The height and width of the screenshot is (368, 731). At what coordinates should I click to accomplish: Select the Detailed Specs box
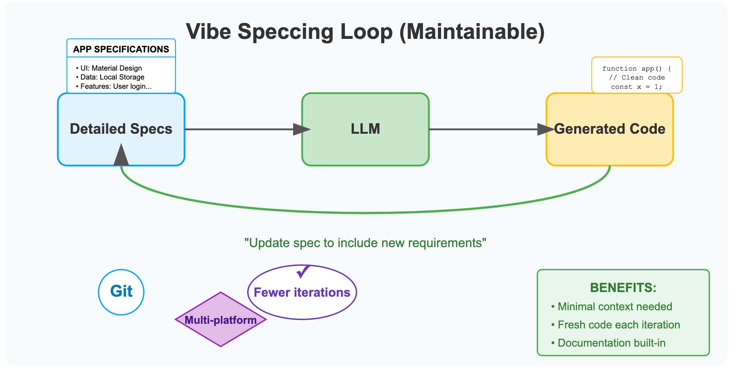pos(121,129)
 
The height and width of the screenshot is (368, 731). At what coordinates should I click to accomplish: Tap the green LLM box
pos(365,129)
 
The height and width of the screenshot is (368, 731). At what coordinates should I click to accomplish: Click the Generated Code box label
pos(610,129)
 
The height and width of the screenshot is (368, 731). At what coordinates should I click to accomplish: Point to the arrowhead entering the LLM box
pos(301,129)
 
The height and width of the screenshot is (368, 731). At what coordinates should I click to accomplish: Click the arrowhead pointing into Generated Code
pos(546,129)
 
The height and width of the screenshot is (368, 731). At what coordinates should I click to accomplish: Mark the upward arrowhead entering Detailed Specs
pos(121,155)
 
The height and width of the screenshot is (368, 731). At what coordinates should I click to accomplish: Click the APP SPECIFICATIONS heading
pos(121,49)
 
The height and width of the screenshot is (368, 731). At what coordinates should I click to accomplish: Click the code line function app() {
pos(637,68)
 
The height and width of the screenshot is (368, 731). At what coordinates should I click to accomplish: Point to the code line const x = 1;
pos(637,87)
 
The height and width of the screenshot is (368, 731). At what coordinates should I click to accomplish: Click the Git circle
pos(121,292)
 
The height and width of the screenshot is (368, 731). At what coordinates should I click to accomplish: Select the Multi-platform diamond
pos(220,320)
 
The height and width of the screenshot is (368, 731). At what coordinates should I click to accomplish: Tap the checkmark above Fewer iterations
pos(303,271)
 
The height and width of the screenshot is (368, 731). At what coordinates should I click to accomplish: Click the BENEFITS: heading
pos(623,287)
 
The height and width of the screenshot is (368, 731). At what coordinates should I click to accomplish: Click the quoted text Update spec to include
pos(365,243)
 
